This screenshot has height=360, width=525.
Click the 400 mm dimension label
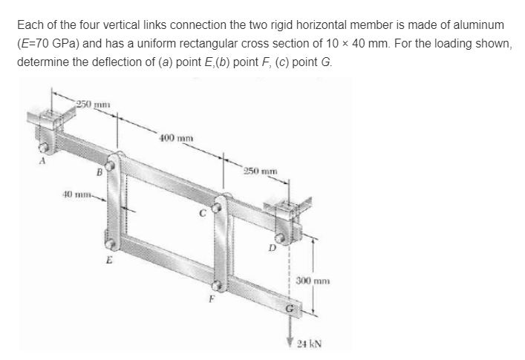click(175, 139)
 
